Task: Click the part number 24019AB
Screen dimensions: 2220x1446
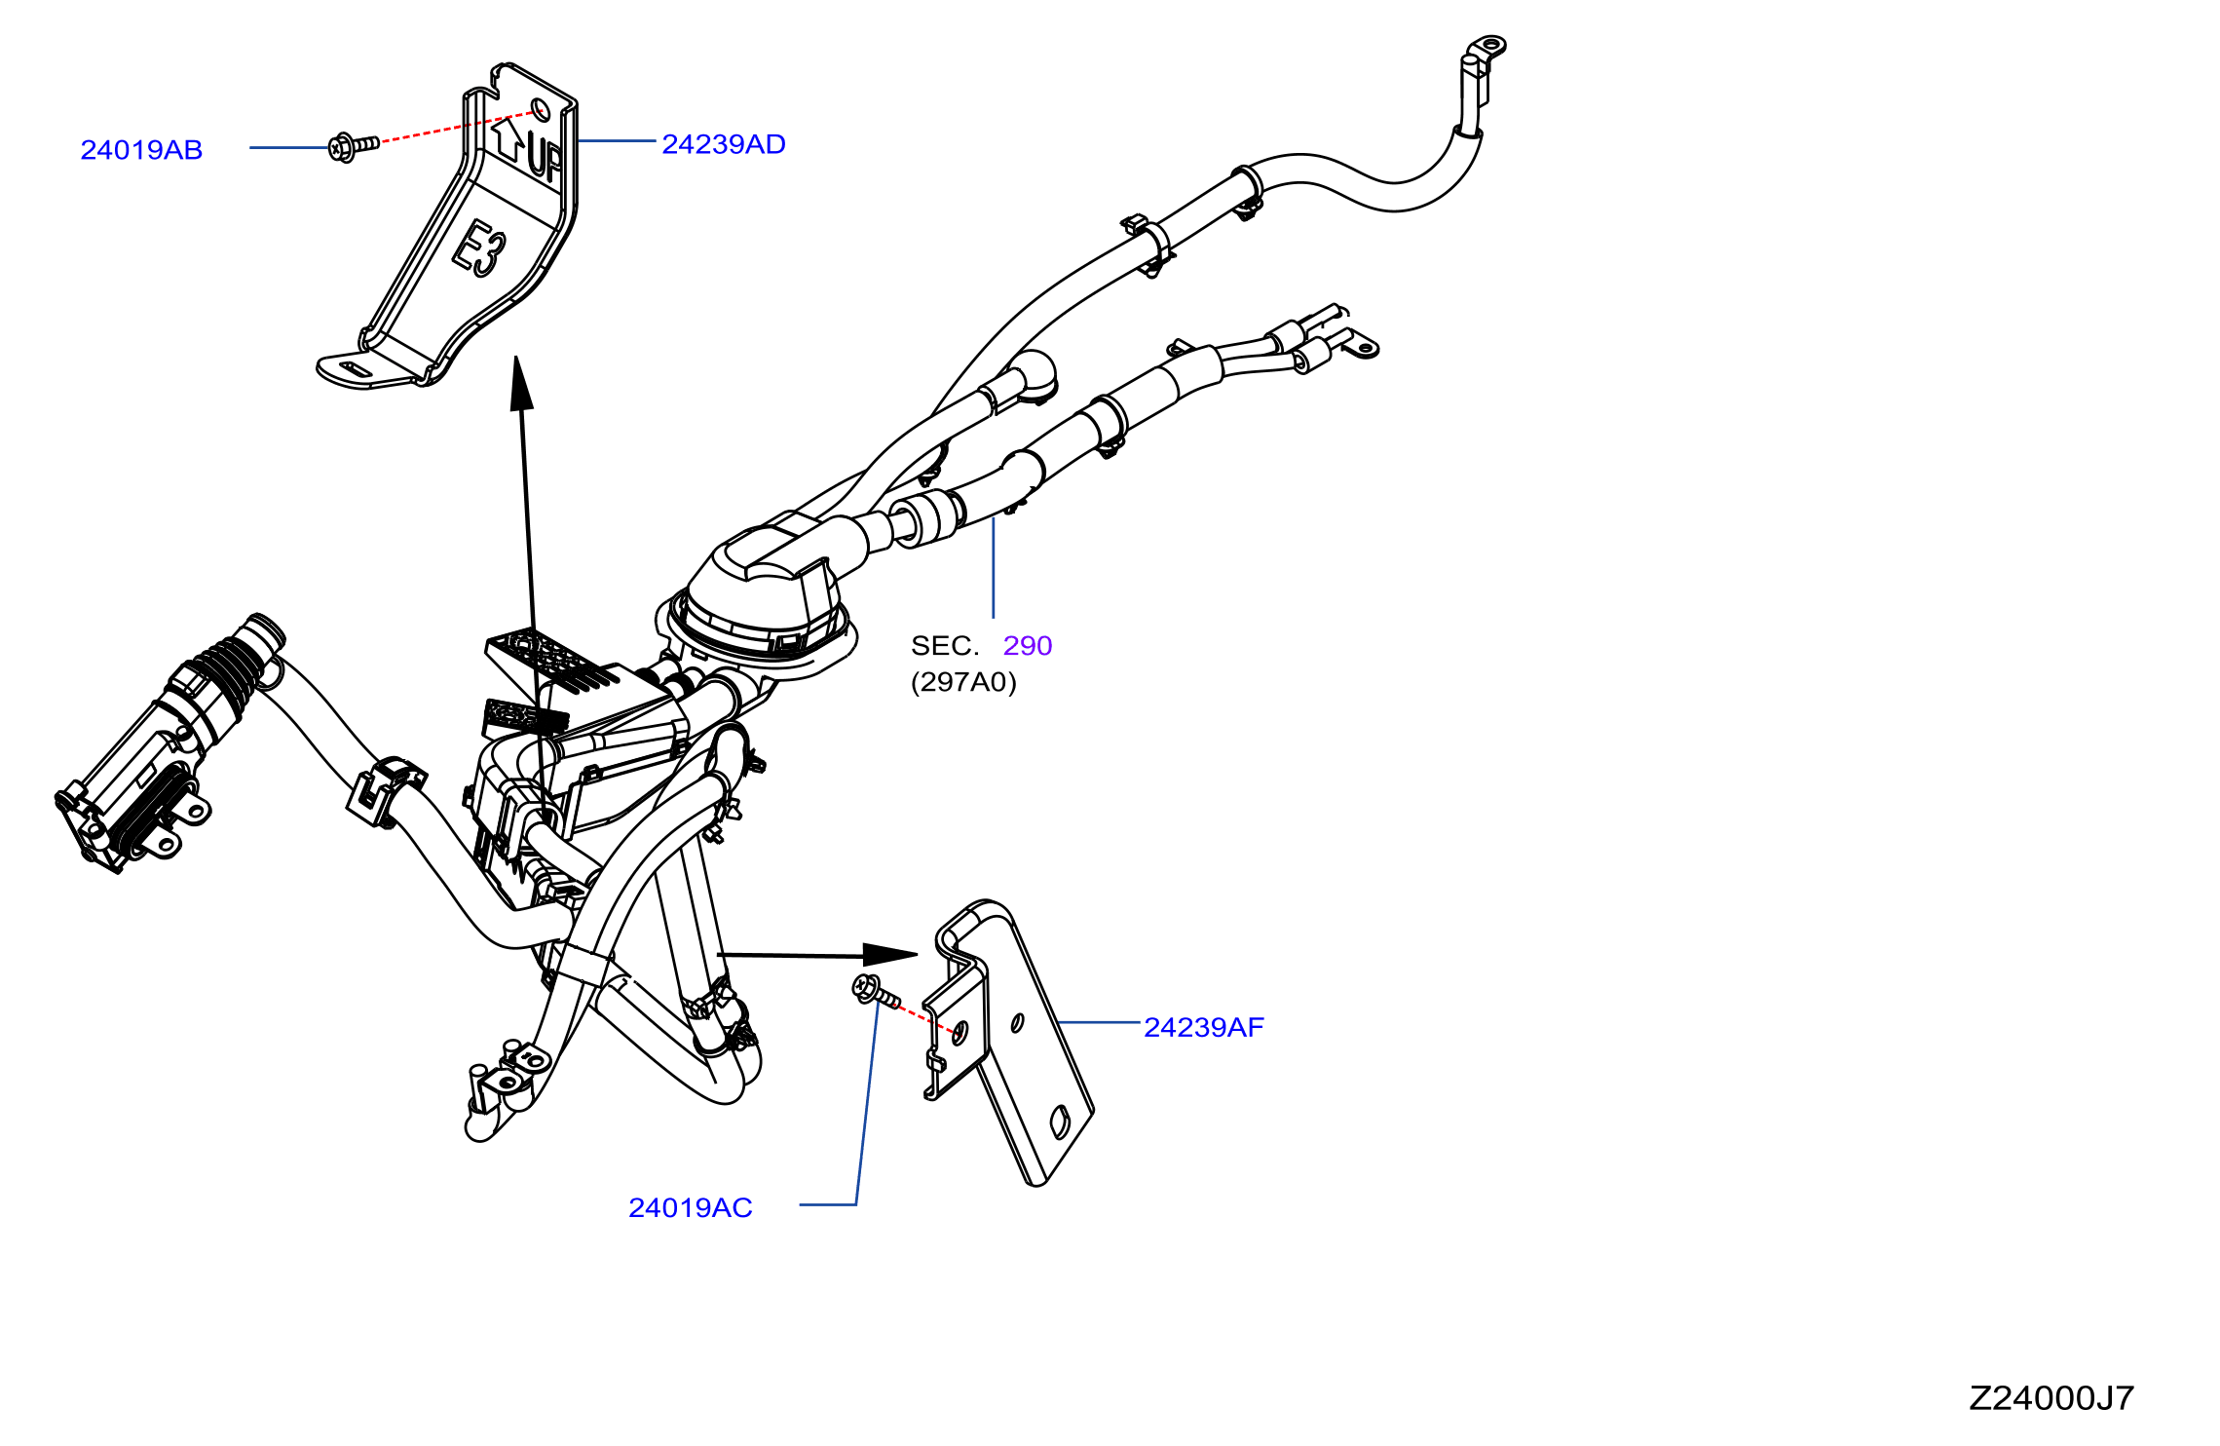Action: coord(141,150)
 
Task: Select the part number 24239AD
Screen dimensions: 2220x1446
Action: coord(724,144)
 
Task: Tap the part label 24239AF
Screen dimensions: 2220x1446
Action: coord(1204,1027)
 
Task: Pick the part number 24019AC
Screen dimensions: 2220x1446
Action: coord(691,1208)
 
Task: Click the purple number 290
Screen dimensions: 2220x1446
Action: coord(1028,646)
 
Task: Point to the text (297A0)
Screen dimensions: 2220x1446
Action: coord(963,682)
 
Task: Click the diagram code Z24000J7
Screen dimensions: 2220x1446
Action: coord(2051,1398)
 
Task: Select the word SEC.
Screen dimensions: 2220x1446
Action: coord(945,646)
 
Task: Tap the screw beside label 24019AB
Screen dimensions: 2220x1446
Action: coord(353,147)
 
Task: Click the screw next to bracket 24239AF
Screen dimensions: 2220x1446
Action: coord(875,991)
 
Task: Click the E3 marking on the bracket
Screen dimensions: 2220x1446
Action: coord(478,247)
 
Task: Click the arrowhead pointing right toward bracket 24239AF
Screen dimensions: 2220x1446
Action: coord(890,954)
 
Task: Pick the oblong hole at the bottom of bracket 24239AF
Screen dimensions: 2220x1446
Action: coord(1061,1123)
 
